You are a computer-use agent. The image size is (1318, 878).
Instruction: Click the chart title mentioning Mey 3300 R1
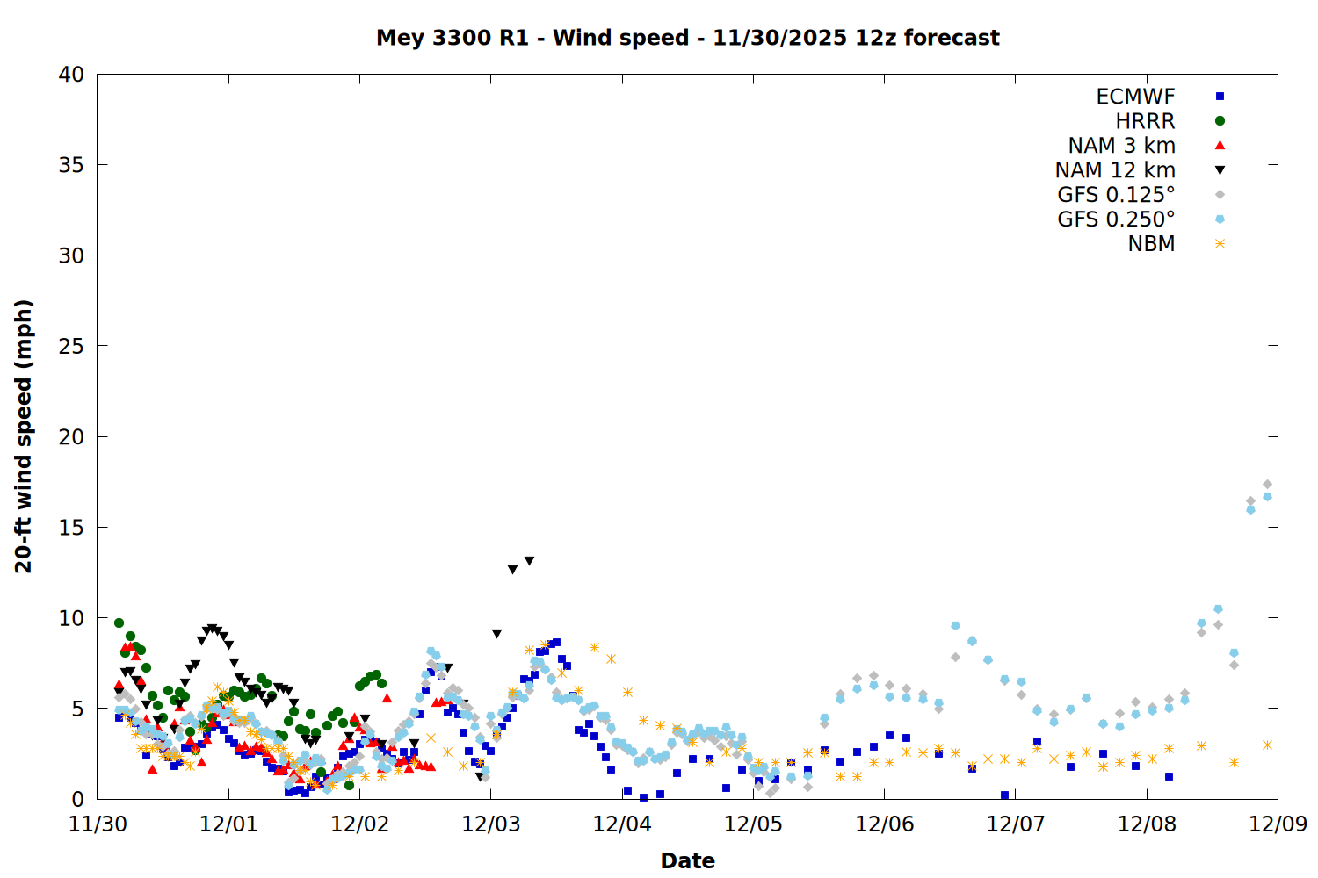coord(687,38)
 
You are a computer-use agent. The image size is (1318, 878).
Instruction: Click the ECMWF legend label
coord(1135,97)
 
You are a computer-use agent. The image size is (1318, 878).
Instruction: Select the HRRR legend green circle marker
coord(1220,121)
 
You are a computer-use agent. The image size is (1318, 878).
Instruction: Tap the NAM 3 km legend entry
coord(1121,146)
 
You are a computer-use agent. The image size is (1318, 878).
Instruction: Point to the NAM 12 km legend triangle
coord(1220,170)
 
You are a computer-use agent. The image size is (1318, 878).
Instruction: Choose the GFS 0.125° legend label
coord(1116,195)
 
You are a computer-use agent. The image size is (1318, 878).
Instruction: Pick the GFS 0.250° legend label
coord(1116,219)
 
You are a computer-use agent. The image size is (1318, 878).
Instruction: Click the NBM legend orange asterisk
coord(1220,244)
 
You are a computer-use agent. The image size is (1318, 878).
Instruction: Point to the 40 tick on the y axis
coord(71,75)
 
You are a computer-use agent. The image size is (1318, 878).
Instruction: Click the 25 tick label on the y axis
coord(71,346)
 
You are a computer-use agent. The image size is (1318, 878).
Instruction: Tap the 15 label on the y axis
coord(71,527)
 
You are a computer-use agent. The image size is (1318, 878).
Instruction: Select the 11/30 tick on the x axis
coord(98,824)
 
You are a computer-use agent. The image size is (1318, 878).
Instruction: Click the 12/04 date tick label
coord(622,824)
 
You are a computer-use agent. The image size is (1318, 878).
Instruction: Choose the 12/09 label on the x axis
coord(1278,824)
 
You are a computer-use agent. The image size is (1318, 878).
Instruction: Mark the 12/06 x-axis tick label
coord(884,824)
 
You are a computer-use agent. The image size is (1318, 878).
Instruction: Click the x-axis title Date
coord(687,860)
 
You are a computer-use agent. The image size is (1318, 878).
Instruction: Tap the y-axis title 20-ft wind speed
coord(24,436)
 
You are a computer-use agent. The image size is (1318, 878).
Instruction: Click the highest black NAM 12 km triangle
coord(529,561)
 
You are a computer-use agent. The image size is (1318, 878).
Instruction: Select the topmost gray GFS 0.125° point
coord(1267,484)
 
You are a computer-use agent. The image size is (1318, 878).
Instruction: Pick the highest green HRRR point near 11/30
coord(119,623)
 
